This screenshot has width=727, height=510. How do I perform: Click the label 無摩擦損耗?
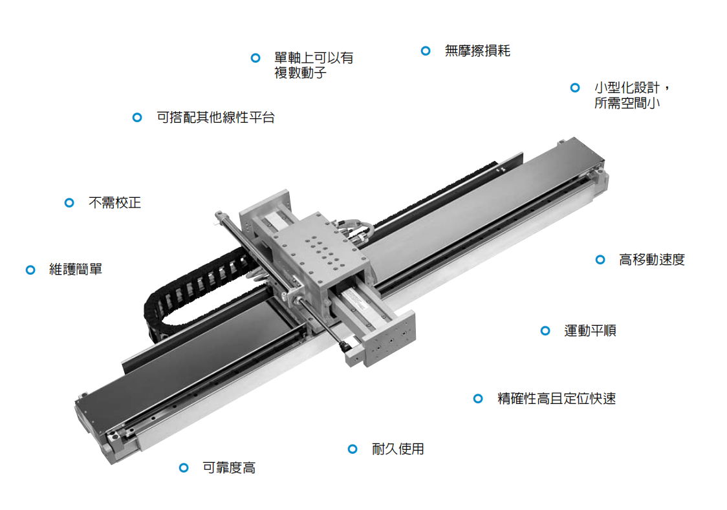(477, 50)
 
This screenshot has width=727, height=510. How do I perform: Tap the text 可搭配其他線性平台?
(215, 117)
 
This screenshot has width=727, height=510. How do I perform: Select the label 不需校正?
(114, 202)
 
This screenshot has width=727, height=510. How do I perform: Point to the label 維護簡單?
(76, 269)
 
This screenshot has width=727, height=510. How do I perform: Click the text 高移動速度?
(652, 259)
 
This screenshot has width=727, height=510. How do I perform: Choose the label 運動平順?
(591, 330)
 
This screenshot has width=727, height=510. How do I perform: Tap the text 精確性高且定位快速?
(556, 398)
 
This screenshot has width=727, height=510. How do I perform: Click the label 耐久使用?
(398, 449)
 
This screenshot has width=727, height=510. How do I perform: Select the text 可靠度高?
(229, 467)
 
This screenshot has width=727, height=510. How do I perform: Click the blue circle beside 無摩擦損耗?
(426, 50)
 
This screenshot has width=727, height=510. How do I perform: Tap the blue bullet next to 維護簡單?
(30, 270)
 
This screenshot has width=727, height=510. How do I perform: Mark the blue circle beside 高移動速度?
(600, 259)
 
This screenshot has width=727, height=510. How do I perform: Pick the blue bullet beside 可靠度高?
(184, 467)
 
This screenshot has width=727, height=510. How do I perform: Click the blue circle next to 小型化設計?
(576, 87)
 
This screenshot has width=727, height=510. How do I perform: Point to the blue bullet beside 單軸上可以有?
(255, 58)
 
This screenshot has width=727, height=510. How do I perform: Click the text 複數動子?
(301, 73)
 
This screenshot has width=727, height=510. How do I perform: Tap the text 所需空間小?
(627, 102)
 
